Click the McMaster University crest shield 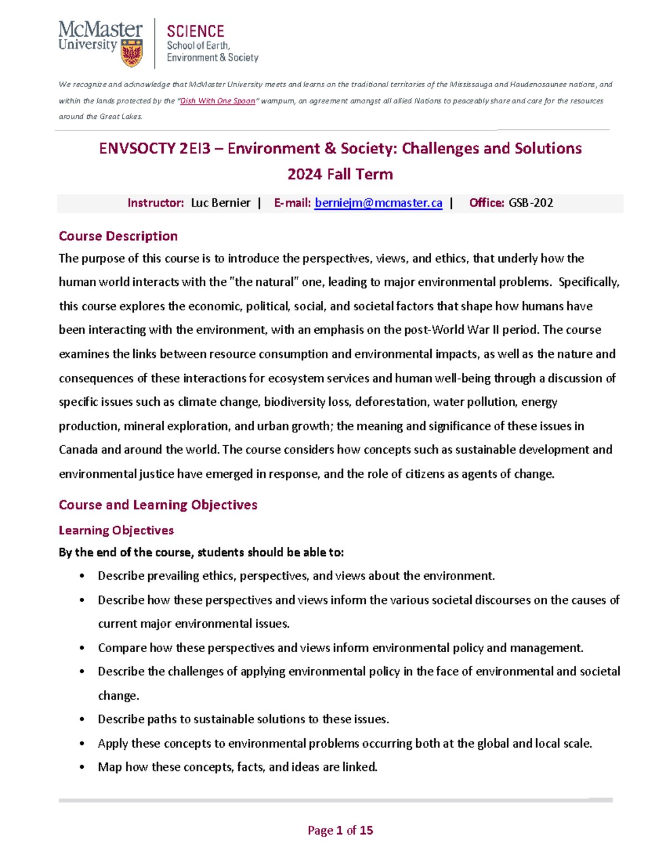[x=132, y=53]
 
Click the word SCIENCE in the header [x=195, y=32]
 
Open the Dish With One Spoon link [x=218, y=101]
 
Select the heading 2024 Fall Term [x=340, y=174]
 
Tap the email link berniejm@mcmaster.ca [x=378, y=203]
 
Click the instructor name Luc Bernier [x=220, y=203]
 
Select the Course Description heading [x=118, y=236]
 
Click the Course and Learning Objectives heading [x=158, y=505]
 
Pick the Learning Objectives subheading [x=116, y=531]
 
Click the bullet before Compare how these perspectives [x=82, y=648]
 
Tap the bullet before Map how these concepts [x=82, y=768]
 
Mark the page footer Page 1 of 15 [x=340, y=830]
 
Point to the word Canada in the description [x=78, y=450]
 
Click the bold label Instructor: [x=155, y=203]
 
